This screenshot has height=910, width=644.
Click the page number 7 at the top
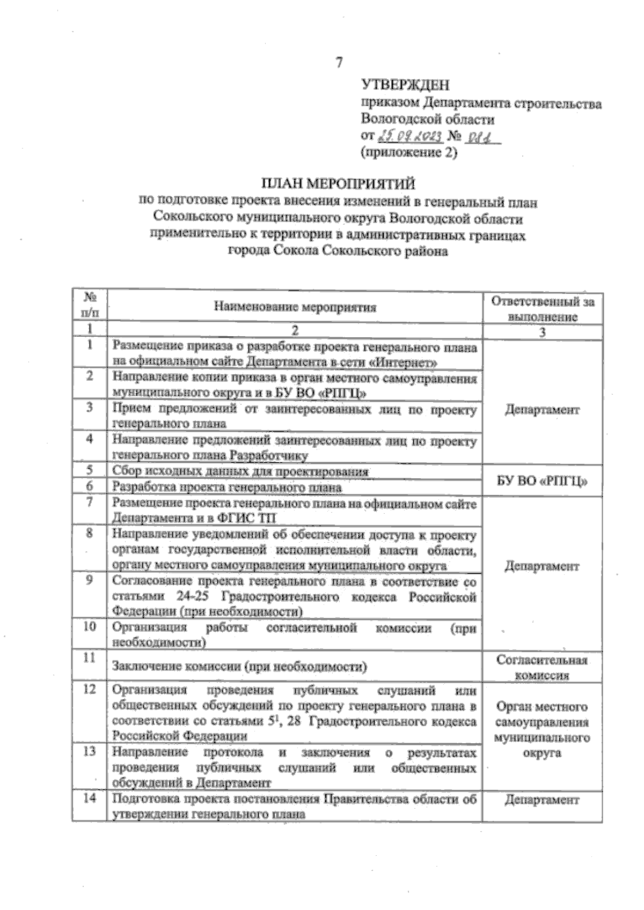[x=339, y=63]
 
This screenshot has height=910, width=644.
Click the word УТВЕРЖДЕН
[x=405, y=85]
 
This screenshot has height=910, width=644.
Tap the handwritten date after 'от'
[x=411, y=137]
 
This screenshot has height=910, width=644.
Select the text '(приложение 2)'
[x=409, y=153]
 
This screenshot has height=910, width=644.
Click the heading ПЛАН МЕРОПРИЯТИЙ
[x=338, y=184]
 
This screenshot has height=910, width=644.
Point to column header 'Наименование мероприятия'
[x=295, y=307]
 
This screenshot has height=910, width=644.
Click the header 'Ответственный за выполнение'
[x=543, y=309]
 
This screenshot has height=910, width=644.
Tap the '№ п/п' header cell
[x=90, y=304]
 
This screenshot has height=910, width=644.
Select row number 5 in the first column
[x=90, y=470]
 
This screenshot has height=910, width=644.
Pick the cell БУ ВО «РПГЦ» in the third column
[x=542, y=481]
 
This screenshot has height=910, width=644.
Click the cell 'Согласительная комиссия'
[x=542, y=668]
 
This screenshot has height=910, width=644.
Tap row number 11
[x=90, y=657]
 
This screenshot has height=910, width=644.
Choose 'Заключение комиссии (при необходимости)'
[x=239, y=667]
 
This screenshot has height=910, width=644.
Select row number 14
[x=90, y=798]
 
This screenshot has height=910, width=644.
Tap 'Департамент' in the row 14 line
[x=542, y=800]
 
